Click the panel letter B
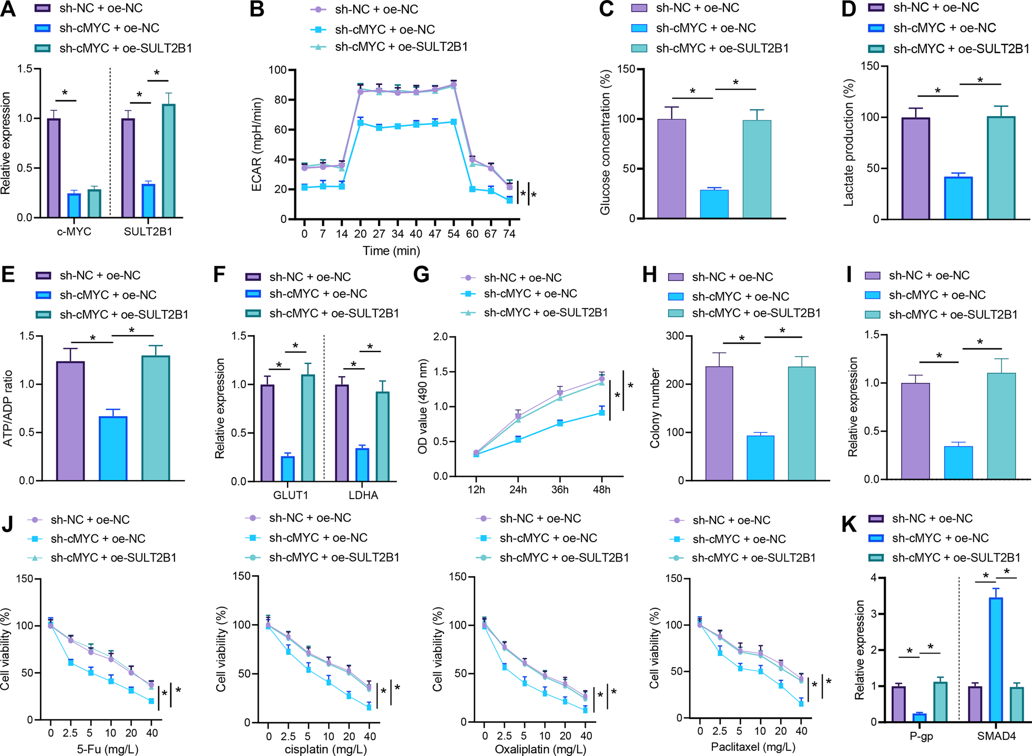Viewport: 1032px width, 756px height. coord(257,9)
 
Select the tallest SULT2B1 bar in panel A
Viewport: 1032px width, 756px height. coord(169,161)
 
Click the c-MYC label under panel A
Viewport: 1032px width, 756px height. coord(74,232)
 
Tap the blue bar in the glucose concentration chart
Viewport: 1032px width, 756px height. coord(714,204)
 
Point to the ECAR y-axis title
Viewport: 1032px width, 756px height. coord(257,144)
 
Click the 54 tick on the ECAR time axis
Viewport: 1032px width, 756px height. coord(453,234)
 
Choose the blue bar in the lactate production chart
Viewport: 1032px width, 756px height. coord(958,198)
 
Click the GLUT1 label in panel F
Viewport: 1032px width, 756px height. coord(291,495)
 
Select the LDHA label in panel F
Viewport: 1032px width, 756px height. coord(363,495)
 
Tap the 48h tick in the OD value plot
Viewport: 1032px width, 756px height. coord(601,490)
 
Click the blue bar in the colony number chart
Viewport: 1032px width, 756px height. coord(760,458)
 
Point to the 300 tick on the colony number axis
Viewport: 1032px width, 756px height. coord(676,336)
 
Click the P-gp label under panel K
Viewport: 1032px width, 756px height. coord(921,736)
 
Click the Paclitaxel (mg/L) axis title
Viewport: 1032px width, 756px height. coord(753,747)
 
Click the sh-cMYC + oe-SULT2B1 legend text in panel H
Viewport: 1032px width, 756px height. coord(756,314)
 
